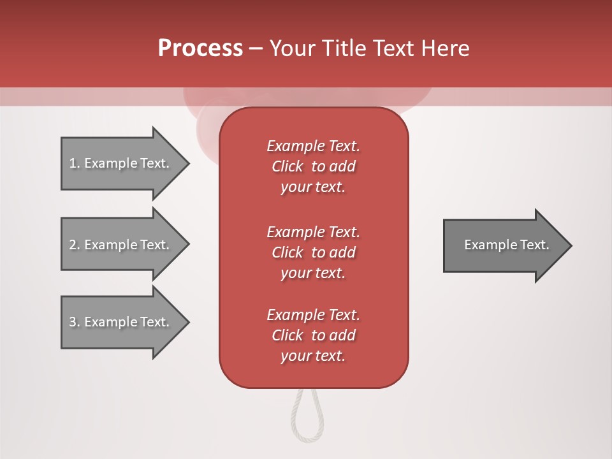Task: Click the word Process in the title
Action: click(x=200, y=48)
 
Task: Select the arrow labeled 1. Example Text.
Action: click(x=121, y=163)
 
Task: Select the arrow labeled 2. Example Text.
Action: click(x=121, y=245)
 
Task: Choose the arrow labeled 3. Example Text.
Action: click(x=121, y=322)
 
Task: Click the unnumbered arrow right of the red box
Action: click(x=504, y=245)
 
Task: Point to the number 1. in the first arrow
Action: click(x=75, y=163)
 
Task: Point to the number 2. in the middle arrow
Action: click(x=75, y=245)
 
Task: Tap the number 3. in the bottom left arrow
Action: click(x=75, y=322)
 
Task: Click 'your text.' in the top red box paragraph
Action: click(x=313, y=187)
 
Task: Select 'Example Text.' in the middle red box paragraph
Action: click(x=313, y=231)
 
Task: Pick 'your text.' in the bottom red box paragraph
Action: click(x=313, y=356)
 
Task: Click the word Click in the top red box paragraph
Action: click(x=288, y=166)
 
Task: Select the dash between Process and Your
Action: click(x=256, y=48)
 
